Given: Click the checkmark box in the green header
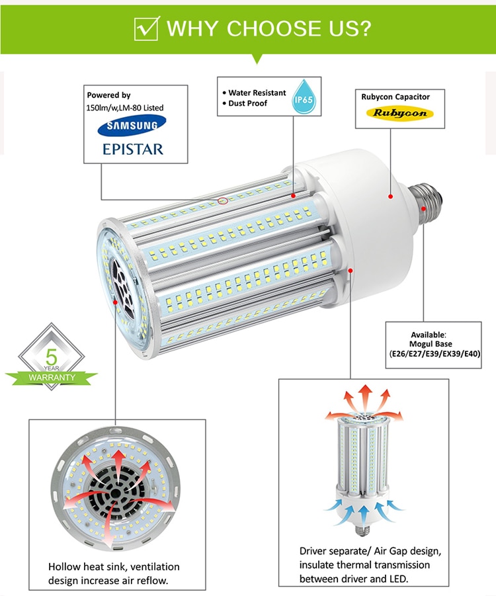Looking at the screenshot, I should [145, 29].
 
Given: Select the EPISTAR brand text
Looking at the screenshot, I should [132, 148].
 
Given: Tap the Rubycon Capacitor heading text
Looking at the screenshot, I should [395, 97].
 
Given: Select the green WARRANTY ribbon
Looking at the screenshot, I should [52, 377].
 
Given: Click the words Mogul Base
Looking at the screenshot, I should [434, 344].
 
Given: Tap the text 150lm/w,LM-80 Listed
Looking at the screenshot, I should [125, 107].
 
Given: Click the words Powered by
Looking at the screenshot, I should [109, 95].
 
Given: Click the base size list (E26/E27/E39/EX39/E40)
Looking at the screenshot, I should [434, 354].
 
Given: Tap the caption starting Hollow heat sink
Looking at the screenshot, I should [114, 574].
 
